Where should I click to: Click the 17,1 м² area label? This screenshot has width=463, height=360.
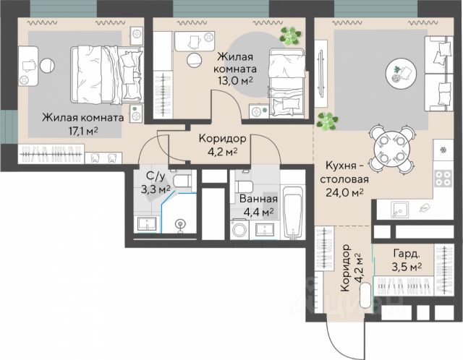tap(83, 130)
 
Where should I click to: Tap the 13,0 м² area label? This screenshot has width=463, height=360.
tap(235, 80)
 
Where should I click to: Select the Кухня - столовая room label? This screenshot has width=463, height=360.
tap(344, 172)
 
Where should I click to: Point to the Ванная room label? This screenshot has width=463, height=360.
tap(258, 199)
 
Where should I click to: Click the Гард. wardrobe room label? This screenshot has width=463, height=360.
tap(407, 254)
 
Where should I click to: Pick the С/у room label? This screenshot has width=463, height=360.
tap(156, 176)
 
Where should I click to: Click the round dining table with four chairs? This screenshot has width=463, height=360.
tap(391, 150)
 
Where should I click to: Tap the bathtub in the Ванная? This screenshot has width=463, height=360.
tap(292, 212)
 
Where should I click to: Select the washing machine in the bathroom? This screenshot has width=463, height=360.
tap(239, 229)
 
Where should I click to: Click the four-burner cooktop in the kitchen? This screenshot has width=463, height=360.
tap(443, 179)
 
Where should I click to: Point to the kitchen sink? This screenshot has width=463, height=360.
tap(400, 210)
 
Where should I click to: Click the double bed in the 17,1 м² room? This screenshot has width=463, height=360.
tap(106, 74)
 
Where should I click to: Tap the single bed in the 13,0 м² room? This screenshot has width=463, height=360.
tap(286, 83)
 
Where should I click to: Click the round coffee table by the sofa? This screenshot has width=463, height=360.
tap(401, 72)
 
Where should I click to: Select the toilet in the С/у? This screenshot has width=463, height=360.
tap(182, 181)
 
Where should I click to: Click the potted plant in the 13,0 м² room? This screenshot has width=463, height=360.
tap(290, 36)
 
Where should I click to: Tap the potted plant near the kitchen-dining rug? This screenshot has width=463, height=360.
tap(327, 121)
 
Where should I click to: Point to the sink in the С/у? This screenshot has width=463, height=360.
tap(147, 224)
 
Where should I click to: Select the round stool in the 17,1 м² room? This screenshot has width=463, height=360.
tap(47, 65)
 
